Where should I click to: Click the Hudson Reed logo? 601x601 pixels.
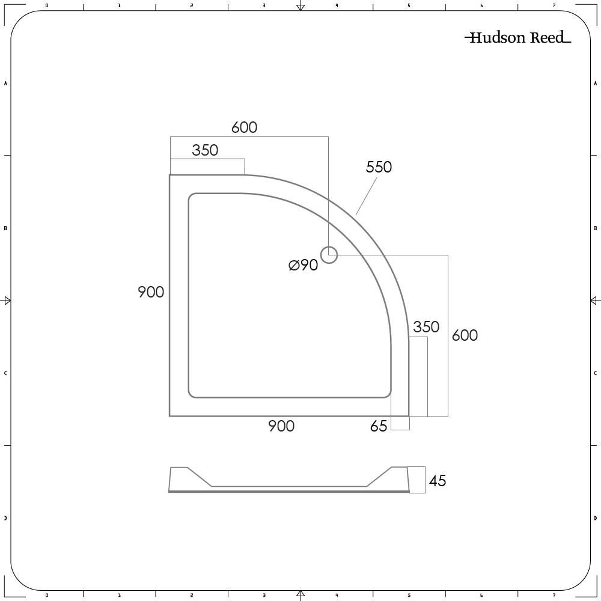(x=517, y=38)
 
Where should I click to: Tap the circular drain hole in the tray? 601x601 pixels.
(x=329, y=255)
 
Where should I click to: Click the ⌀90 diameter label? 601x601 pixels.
(x=304, y=265)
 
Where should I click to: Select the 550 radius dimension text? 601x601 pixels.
(x=379, y=167)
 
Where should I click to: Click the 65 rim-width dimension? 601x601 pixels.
(x=379, y=427)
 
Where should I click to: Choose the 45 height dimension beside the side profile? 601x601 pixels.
(x=438, y=481)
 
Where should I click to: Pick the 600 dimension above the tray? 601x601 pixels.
(x=244, y=127)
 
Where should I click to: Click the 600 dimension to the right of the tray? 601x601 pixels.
(x=465, y=335)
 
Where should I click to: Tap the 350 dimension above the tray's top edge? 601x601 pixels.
(x=205, y=150)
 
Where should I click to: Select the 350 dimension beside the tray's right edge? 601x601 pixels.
(x=426, y=327)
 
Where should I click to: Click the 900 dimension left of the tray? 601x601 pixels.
(x=151, y=292)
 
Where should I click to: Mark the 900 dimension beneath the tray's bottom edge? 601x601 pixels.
(x=281, y=426)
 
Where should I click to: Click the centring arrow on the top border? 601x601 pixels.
(x=300, y=7)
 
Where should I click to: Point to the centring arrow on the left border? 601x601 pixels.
(x=7, y=300)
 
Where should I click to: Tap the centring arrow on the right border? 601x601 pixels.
(x=594, y=300)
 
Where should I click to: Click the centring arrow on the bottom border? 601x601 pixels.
(x=300, y=594)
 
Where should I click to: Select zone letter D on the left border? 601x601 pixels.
(x=5, y=518)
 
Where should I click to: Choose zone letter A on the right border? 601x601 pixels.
(x=595, y=83)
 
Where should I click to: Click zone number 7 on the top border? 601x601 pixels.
(x=554, y=5)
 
